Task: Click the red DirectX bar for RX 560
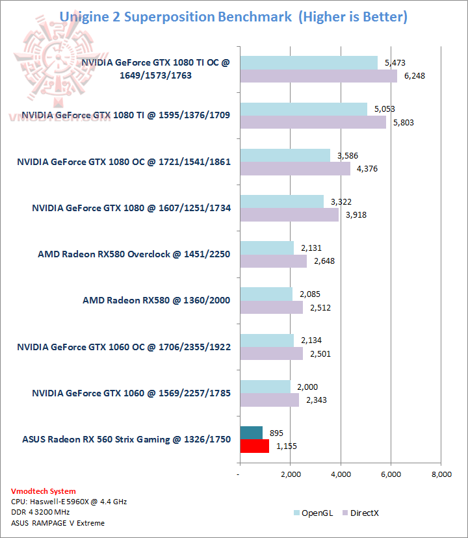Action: [x=254, y=446]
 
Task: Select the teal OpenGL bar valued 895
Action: [x=251, y=433]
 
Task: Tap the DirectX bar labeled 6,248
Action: [x=318, y=76]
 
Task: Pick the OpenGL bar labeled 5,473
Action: [x=309, y=62]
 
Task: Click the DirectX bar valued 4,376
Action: [x=295, y=169]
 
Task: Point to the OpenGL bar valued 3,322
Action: [x=281, y=201]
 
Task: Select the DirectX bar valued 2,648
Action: [x=273, y=261]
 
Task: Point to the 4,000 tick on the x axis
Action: [x=341, y=474]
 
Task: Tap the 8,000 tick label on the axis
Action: [x=441, y=474]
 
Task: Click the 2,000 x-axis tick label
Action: [x=291, y=474]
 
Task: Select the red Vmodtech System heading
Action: [x=43, y=491]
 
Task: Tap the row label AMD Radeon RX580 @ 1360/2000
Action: [x=157, y=300]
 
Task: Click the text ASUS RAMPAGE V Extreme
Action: [x=58, y=523]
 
